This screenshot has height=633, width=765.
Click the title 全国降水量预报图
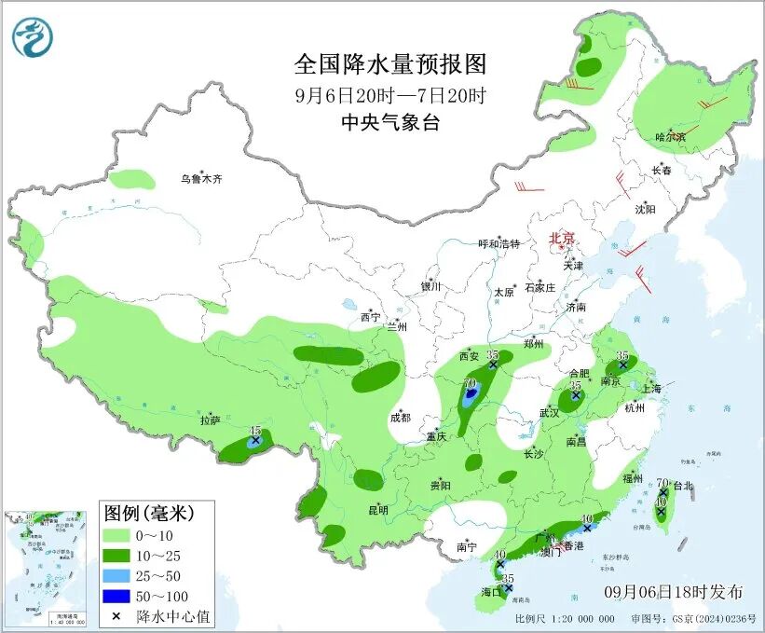point(390,64)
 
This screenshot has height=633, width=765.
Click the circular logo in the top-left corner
point(33,37)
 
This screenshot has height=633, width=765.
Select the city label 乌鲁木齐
point(203,179)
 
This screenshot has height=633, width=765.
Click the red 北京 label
point(563,238)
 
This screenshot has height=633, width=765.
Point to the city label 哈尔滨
point(670,138)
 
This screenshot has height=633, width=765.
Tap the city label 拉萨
point(211,420)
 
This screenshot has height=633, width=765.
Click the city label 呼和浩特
point(499,244)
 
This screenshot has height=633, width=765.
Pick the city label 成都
point(401,417)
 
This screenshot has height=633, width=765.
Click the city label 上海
point(649,388)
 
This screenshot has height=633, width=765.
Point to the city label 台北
point(681,486)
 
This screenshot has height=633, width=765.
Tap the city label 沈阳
point(645,210)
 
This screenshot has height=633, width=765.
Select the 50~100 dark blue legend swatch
point(116,596)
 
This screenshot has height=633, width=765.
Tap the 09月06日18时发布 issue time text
point(673,592)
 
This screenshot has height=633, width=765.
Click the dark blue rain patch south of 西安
point(471,396)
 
